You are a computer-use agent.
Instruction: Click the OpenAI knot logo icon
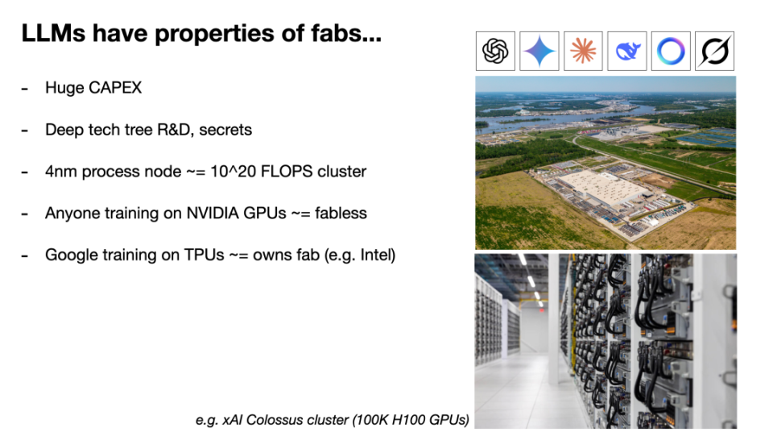click(x=495, y=51)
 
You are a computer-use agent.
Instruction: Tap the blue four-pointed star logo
click(x=539, y=51)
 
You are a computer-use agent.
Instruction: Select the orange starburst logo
click(x=583, y=51)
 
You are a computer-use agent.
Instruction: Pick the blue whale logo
click(x=627, y=52)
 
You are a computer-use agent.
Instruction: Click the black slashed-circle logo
click(x=714, y=51)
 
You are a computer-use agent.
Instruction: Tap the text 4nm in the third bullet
click(x=61, y=172)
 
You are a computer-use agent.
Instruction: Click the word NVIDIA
click(x=212, y=213)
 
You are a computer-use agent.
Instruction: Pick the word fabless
click(x=341, y=213)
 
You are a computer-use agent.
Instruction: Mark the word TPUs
click(x=204, y=255)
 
